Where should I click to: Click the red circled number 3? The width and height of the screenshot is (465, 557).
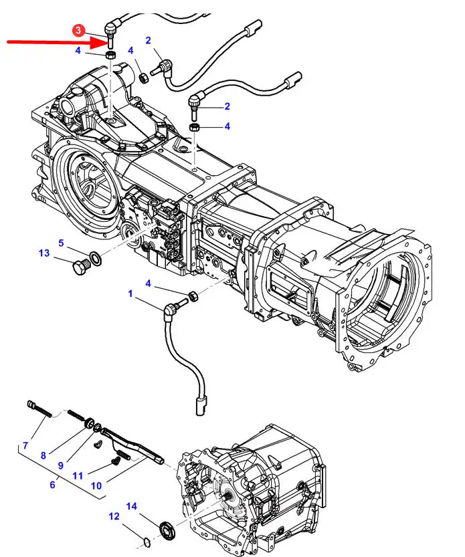78,30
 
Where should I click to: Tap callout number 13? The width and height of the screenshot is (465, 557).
44,253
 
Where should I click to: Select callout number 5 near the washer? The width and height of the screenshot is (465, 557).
61,243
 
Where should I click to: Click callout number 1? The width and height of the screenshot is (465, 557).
130,294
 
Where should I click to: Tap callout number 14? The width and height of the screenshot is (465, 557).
132,506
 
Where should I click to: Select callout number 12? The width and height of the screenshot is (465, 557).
114,516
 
